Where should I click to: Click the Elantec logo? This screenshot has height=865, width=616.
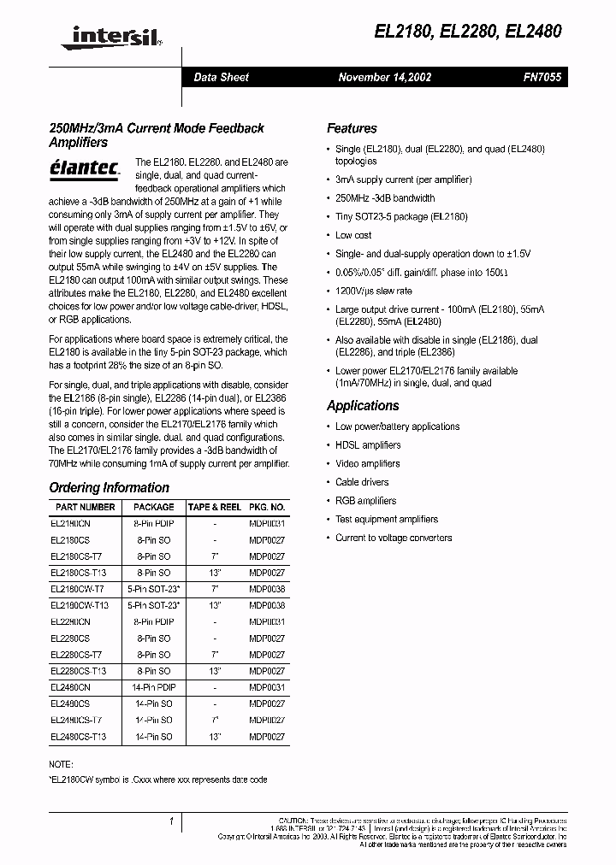[84, 167]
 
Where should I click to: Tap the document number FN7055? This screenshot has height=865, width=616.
[542, 77]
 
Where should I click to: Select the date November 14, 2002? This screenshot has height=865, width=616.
[384, 77]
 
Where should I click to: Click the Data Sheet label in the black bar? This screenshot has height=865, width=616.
[221, 77]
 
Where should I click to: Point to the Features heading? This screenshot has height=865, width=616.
[352, 128]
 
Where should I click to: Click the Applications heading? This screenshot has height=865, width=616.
[363, 405]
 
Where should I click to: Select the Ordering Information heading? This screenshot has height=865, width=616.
[109, 487]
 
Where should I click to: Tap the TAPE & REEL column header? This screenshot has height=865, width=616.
[214, 507]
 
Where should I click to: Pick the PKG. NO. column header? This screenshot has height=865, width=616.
[266, 507]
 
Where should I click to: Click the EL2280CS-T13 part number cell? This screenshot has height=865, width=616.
[80, 671]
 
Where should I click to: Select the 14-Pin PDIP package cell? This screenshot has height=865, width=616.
[154, 687]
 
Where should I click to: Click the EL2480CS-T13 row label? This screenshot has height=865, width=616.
[80, 736]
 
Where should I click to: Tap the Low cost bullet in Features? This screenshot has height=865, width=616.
[353, 235]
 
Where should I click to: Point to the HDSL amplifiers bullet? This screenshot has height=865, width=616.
[368, 444]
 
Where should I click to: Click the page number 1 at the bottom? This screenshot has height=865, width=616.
[172, 822]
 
